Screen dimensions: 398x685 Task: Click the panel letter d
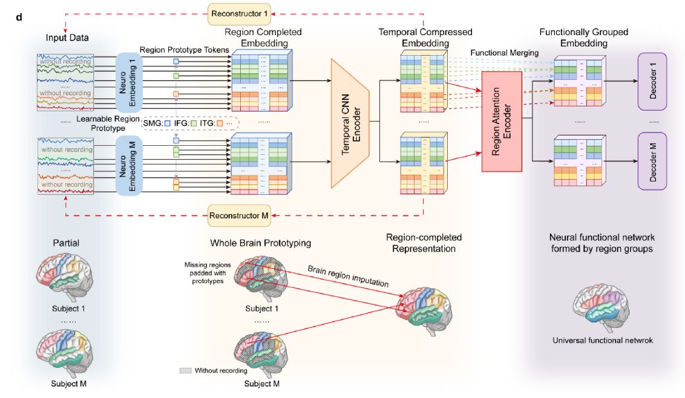(x=19, y=16)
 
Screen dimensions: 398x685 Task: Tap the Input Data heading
(x=67, y=38)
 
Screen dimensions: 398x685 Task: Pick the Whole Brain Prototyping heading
(x=260, y=243)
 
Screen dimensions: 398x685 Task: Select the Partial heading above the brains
(x=65, y=243)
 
